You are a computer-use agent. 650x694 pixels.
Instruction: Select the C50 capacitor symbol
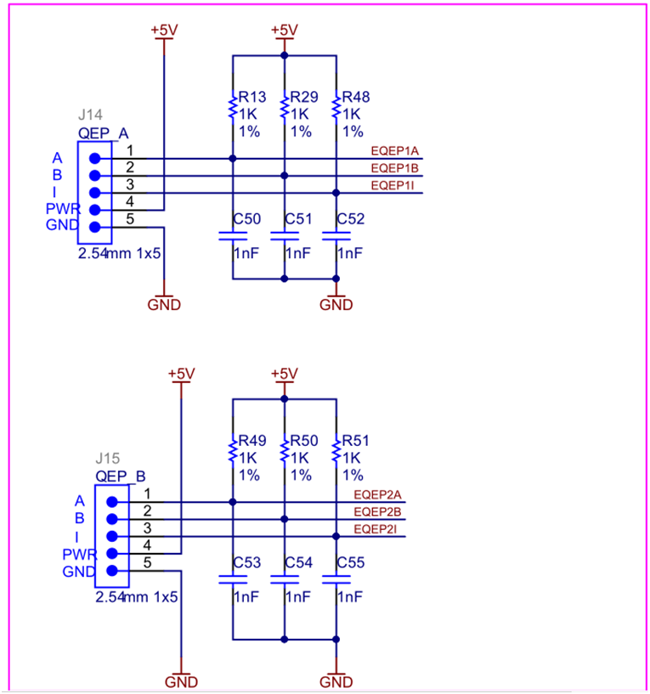pos(232,235)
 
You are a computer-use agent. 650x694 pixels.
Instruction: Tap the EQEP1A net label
pos(396,150)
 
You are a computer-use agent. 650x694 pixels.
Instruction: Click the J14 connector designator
pos(90,115)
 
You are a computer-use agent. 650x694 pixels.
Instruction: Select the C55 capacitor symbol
pos(336,580)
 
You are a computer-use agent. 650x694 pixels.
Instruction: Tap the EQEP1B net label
pos(396,168)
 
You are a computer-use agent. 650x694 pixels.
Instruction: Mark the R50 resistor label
pos(304,441)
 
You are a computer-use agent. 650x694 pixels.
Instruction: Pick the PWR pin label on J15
pos(79,554)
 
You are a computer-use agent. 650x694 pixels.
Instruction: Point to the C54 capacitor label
pos(299,562)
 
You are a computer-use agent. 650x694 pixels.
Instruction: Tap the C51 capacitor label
pos(299,218)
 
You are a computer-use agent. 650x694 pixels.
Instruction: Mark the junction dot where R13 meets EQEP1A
pos(232,158)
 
